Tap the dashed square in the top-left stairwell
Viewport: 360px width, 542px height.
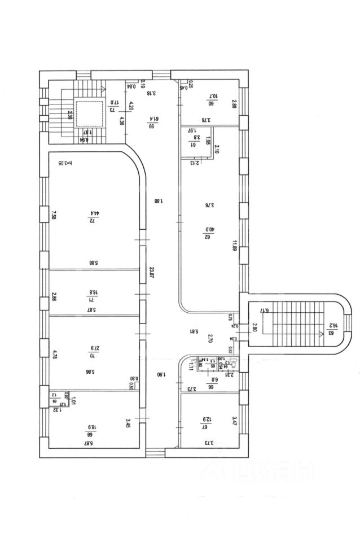click(89, 113)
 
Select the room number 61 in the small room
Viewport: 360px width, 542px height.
click(192, 143)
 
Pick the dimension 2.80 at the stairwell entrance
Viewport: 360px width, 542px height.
click(254, 326)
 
